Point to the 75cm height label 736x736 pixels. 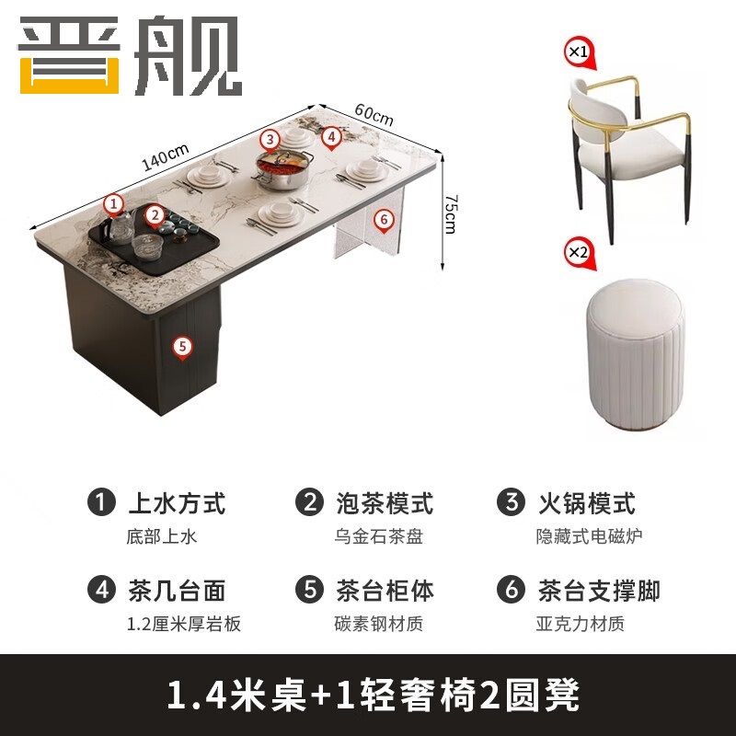click(x=450, y=213)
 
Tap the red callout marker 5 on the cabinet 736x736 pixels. click(x=182, y=346)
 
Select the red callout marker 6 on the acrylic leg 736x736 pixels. click(x=385, y=219)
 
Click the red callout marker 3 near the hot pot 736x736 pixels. click(x=269, y=139)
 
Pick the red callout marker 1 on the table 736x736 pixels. click(x=113, y=202)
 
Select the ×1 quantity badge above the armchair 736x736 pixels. click(x=577, y=51)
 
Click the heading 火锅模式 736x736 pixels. click(x=586, y=503)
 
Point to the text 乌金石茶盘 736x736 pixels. click(x=378, y=536)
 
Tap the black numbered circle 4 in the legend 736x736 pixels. click(x=101, y=590)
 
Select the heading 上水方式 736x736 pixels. click(x=176, y=503)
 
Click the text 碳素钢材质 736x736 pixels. click(x=378, y=624)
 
